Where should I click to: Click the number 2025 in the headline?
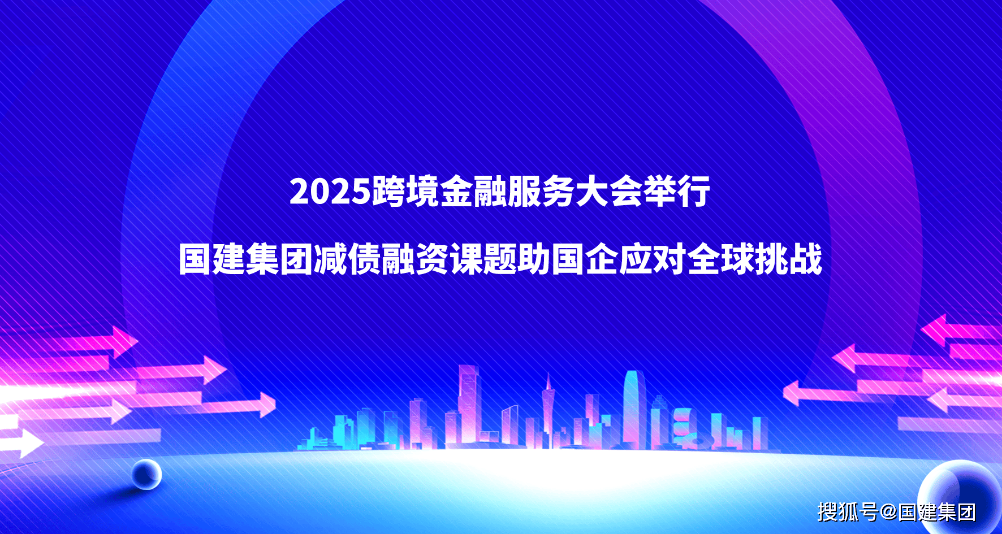point(330,192)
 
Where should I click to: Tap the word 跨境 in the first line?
point(405,192)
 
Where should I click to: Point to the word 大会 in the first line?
point(608,192)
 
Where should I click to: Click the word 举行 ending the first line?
point(676,192)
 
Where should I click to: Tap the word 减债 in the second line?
point(348,259)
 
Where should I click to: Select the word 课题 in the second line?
point(483,259)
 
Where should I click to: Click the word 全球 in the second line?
point(721,259)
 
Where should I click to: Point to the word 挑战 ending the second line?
point(789,259)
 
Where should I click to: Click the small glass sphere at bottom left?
point(146,474)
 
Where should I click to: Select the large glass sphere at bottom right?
point(960,497)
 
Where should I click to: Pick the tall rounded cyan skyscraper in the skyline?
point(634,410)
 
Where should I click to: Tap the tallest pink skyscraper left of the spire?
point(469,406)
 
